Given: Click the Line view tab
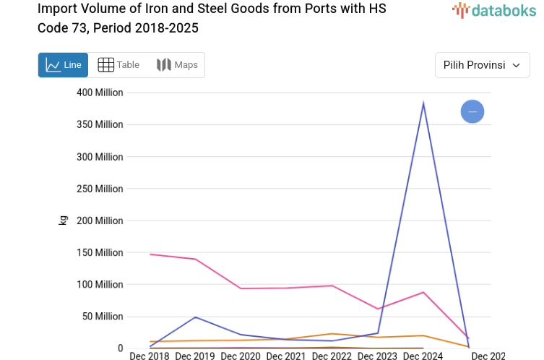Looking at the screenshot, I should tap(64, 65).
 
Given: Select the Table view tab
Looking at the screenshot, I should tap(118, 65).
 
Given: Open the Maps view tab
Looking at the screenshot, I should tap(177, 65).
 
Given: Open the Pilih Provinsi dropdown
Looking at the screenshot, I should tap(482, 65).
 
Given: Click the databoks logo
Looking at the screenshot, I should tap(494, 11).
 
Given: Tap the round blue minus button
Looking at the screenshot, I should tap(472, 111).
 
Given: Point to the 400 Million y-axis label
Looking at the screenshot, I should tap(100, 93).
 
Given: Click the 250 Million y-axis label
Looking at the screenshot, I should tap(100, 189).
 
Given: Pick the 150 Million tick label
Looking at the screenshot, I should tap(100, 252).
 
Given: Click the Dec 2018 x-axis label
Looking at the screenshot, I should tap(150, 356).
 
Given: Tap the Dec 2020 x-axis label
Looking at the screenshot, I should tap(241, 356).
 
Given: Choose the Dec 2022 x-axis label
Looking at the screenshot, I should tap(332, 356).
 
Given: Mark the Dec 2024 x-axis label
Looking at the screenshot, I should tap(423, 356).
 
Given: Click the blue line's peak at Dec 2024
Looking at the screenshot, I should tap(423, 104).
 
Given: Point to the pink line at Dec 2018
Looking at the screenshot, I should tap(150, 254).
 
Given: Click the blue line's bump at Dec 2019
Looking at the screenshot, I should tap(196, 317).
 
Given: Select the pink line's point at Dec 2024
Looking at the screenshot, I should tap(423, 292).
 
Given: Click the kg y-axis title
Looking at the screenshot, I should tap(63, 220).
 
